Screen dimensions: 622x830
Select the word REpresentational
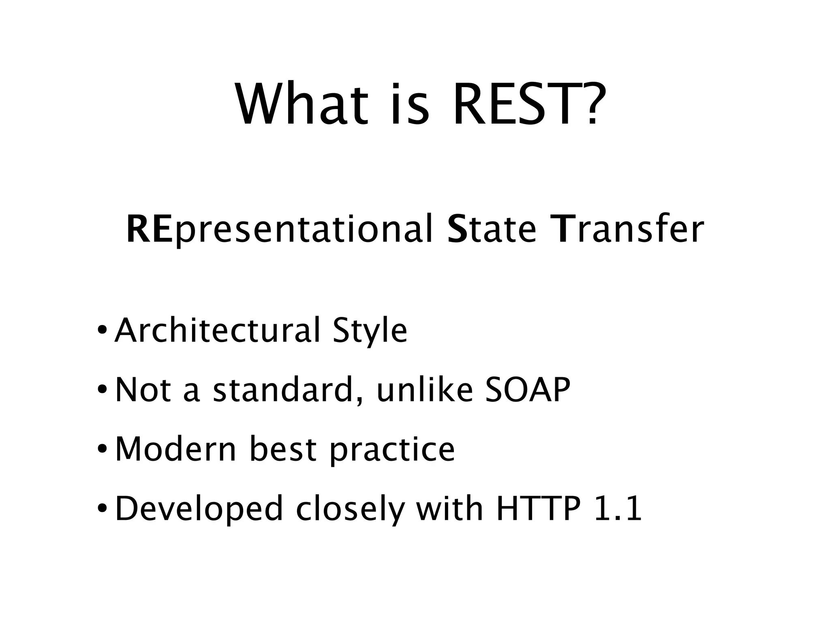coord(279,230)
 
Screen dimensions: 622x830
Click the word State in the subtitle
coord(492,229)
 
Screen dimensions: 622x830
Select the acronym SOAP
coord(528,390)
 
